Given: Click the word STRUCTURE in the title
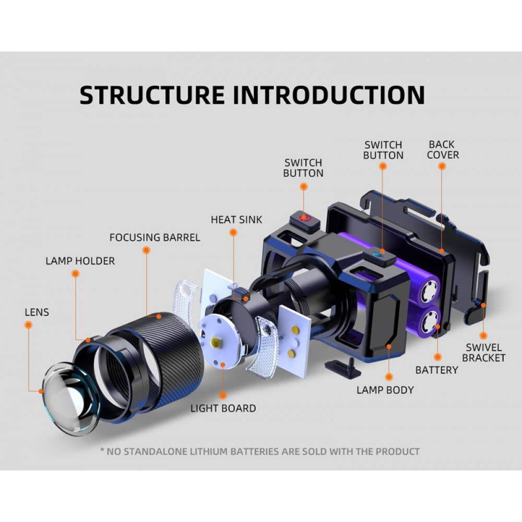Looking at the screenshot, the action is [x=152, y=95].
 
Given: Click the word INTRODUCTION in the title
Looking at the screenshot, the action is [x=329, y=95].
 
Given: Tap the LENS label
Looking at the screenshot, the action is [x=37, y=312].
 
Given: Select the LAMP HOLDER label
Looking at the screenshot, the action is [x=80, y=261].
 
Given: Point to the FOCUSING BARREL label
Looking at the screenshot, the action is [x=155, y=238].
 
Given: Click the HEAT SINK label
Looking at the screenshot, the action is [x=236, y=220].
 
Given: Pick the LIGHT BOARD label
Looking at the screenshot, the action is [x=223, y=408].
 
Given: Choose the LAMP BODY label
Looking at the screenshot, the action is [x=385, y=390].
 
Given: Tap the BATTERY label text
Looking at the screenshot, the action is [x=436, y=370].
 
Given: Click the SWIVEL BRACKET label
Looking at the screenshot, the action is [x=484, y=352].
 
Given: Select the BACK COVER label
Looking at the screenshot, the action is [x=443, y=149].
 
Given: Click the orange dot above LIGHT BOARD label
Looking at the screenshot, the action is [x=223, y=396].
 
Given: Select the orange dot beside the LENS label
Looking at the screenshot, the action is [x=29, y=325].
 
